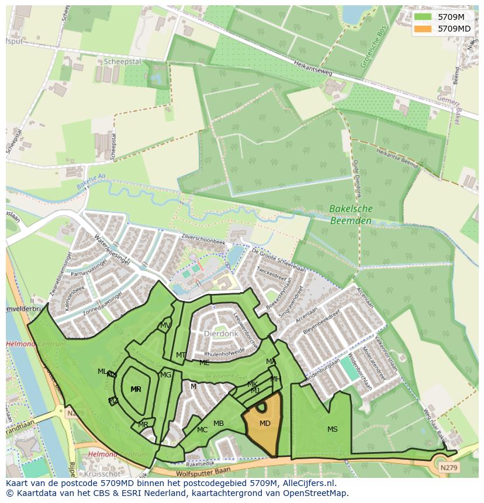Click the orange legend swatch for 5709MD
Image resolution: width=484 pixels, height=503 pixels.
pyautogui.click(x=422, y=28)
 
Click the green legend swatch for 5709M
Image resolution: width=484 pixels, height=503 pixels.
pyautogui.click(x=422, y=17)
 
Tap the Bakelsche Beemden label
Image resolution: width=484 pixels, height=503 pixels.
pyautogui.click(x=351, y=214)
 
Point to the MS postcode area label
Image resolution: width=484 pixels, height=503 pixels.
pyautogui.click(x=332, y=429)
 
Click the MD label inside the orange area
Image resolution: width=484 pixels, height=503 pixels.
pyautogui.click(x=265, y=424)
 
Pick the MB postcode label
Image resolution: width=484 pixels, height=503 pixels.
pyautogui.click(x=219, y=424)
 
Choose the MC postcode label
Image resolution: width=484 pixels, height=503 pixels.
pyautogui.click(x=202, y=430)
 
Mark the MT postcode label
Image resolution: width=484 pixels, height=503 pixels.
pyautogui.click(x=181, y=355)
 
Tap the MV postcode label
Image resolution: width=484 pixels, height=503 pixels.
pyautogui.click(x=165, y=325)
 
